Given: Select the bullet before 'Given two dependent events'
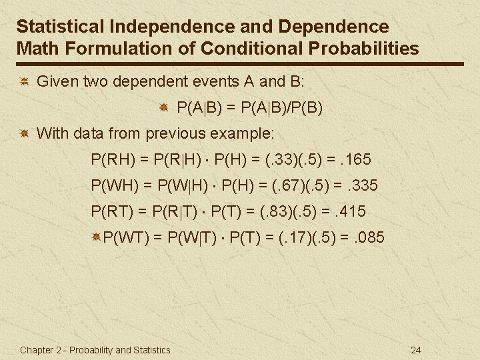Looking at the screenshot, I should (23, 82).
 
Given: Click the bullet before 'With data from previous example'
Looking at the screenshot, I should (23, 133).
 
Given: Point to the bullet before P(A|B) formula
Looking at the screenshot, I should (163, 107).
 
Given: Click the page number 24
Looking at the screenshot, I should (417, 350).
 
